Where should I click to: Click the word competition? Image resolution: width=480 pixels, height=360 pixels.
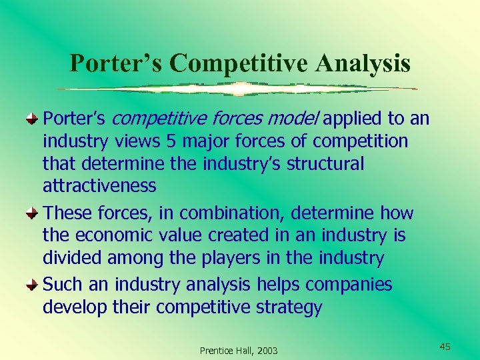(360, 142)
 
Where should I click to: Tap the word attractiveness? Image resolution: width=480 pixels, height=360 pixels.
(99, 185)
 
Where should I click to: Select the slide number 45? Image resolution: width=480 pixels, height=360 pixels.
(445, 346)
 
